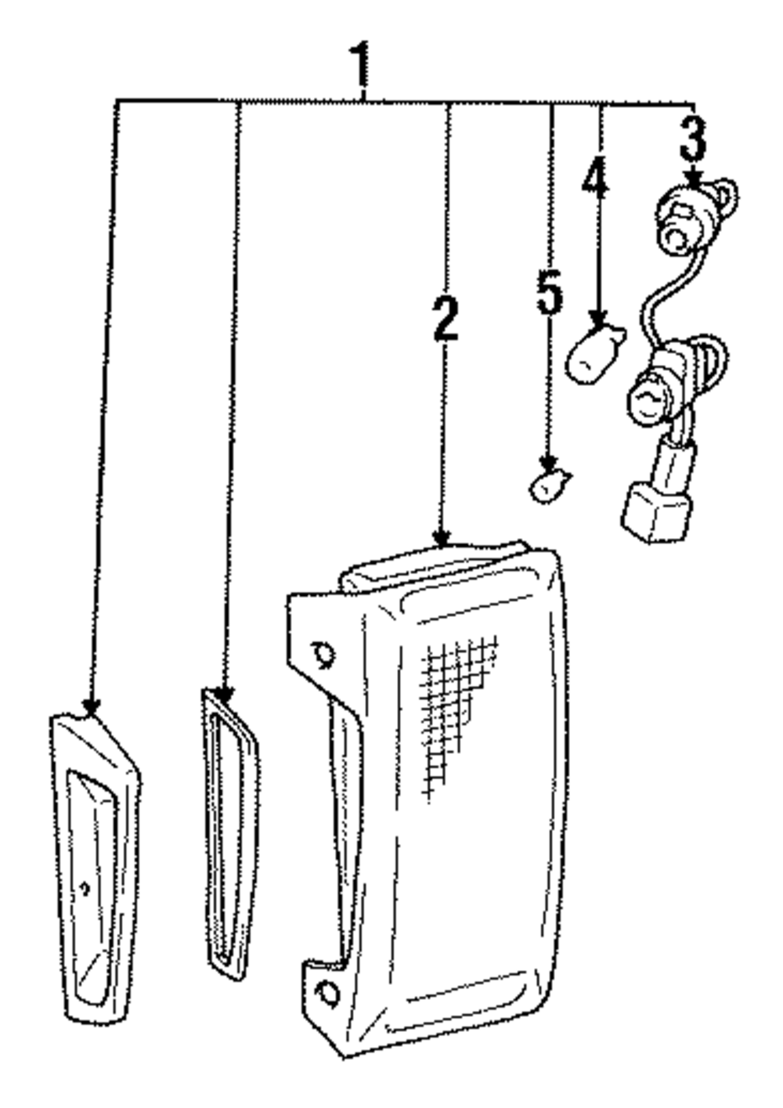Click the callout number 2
tap(446, 318)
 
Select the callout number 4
tap(594, 179)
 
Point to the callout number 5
tap(550, 291)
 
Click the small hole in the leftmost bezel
tap(85, 887)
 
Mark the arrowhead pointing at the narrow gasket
tap(225, 694)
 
